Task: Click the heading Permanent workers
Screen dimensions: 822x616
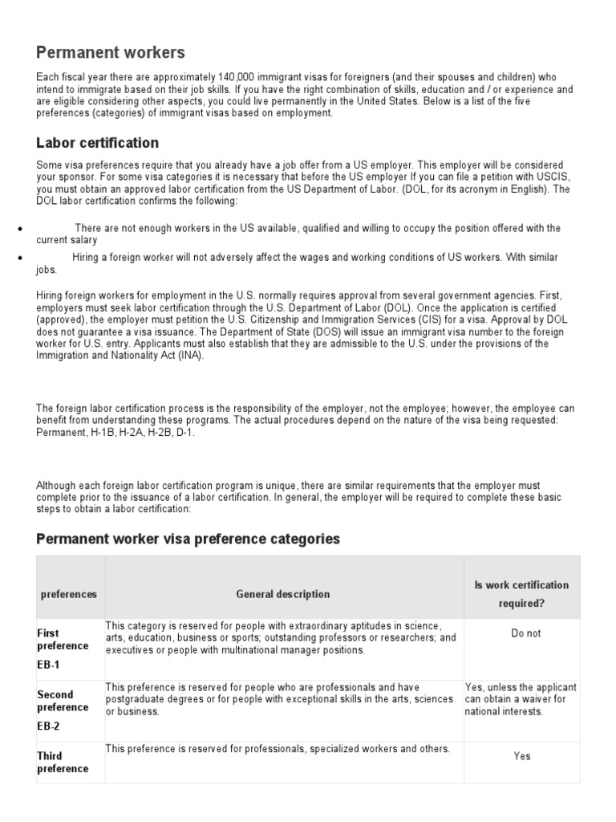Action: pos(111,53)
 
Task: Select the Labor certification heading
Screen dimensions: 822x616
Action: pos(98,143)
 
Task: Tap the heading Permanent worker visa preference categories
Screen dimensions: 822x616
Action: pos(188,539)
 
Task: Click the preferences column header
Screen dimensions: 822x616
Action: pos(69,594)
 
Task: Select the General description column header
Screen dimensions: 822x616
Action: pos(282,594)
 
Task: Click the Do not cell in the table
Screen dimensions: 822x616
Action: pos(525,633)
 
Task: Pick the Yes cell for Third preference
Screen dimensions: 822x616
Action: pos(522,755)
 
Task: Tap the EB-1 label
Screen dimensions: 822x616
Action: pos(48,665)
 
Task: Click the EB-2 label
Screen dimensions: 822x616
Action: pos(48,726)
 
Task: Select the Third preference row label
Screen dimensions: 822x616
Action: pos(63,762)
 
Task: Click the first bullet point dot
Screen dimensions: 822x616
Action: pos(18,230)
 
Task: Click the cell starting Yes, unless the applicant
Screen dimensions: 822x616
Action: pos(521,699)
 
